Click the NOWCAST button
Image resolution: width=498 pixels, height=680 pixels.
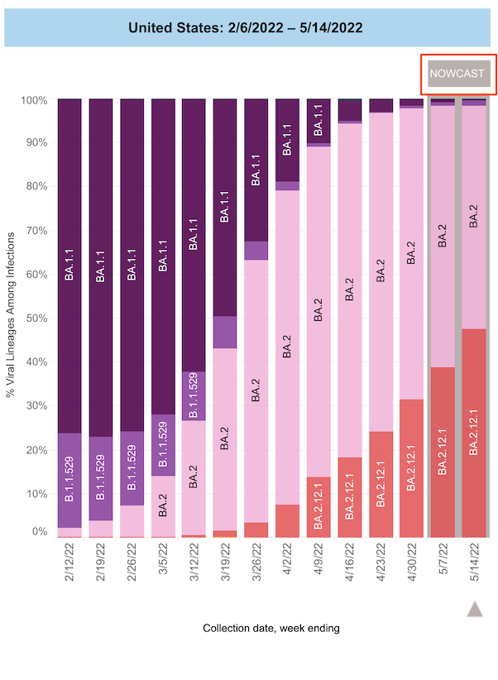tap(457, 73)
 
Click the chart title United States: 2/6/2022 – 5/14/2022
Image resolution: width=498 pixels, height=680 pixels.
tap(246, 28)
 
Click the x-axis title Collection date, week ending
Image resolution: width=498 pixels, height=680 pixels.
tap(271, 628)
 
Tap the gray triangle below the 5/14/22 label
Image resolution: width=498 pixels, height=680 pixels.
tap(475, 609)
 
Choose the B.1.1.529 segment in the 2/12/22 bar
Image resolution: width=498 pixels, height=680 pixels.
tap(69, 480)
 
